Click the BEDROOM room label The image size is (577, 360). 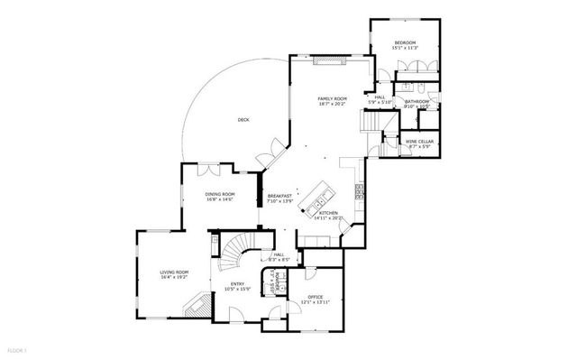tap(405, 42)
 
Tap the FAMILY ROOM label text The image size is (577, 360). tap(332, 97)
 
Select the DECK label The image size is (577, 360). tap(243, 119)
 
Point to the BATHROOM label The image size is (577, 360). tap(417, 101)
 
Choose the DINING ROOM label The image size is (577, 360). tap(220, 194)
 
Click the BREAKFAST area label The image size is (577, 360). tap(279, 195)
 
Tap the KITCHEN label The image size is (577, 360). tap(327, 213)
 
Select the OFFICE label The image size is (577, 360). tap(315, 296)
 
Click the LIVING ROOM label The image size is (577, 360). tap(174, 272)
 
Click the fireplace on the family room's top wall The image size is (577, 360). tap(331, 61)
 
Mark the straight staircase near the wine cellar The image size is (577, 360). tap(371, 122)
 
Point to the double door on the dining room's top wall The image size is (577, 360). tap(206, 167)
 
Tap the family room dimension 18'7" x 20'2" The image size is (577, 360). tap(332, 104)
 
